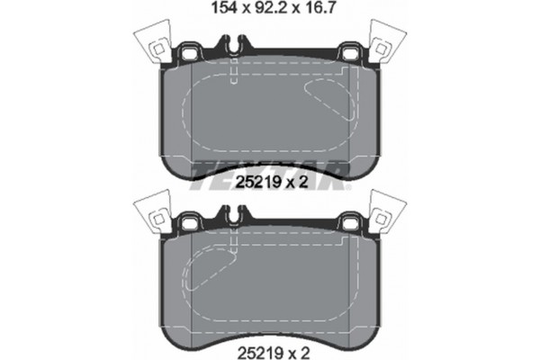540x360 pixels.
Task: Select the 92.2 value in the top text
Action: [x=265, y=10]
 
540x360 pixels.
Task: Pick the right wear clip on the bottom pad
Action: [x=387, y=214]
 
